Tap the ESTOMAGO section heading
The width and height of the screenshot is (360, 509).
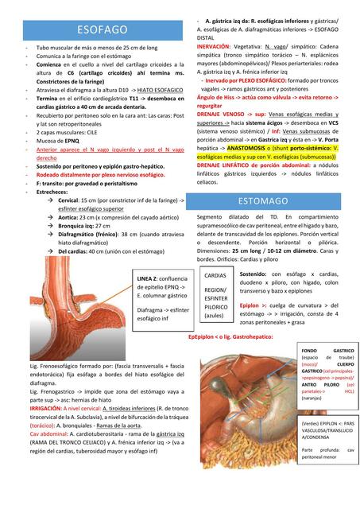point(263,200)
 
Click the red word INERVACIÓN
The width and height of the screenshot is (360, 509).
point(214,47)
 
